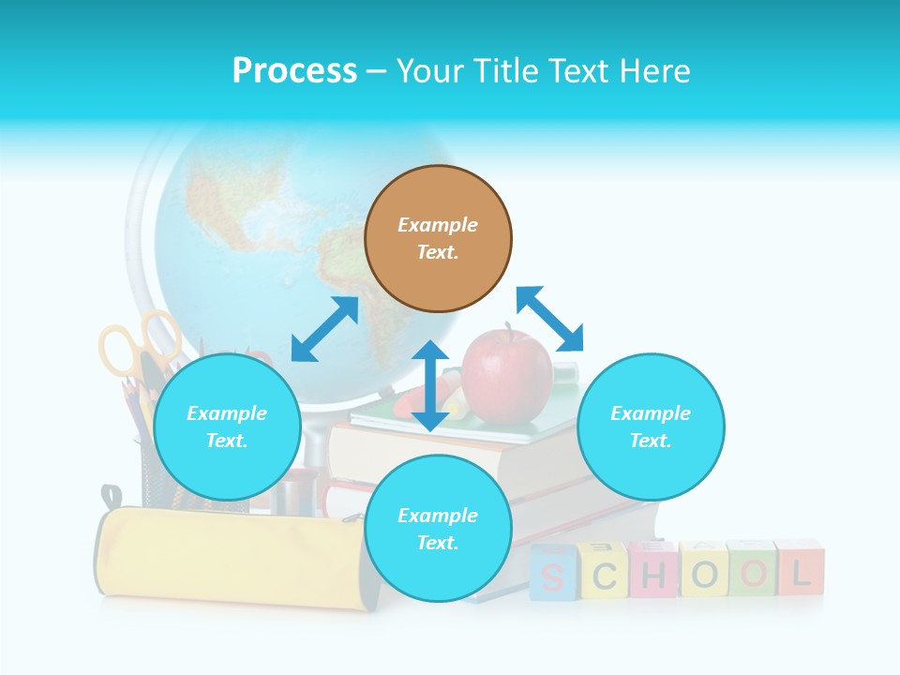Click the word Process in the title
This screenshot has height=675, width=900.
click(x=294, y=71)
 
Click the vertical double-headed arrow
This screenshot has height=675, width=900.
click(x=430, y=385)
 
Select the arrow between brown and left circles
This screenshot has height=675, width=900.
click(x=325, y=329)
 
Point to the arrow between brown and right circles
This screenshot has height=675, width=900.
click(x=550, y=319)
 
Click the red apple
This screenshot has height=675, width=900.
click(x=507, y=374)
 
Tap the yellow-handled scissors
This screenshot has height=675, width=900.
click(x=141, y=345)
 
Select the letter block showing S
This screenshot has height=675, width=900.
click(x=551, y=574)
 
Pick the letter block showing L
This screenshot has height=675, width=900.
click(x=800, y=568)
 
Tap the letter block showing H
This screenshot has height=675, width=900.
click(x=653, y=571)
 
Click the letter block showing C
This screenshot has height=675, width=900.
click(x=604, y=573)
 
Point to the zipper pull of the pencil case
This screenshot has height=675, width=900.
click(x=112, y=497)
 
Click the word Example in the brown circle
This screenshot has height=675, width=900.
click(x=438, y=225)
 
